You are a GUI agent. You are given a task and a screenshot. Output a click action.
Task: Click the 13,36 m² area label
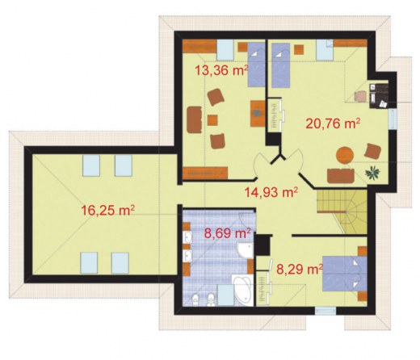coord(221,70)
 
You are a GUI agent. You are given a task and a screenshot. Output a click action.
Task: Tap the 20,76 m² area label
coord(333,123)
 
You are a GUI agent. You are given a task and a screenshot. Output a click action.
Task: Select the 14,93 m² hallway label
coord(271,192)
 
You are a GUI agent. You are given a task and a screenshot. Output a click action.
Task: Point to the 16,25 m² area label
coord(107,210)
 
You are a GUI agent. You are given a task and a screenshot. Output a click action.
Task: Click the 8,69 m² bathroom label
coord(228,233)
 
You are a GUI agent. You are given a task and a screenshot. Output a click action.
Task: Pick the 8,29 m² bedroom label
coord(300,269)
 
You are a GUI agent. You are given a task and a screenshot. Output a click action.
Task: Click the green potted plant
coord(373,173)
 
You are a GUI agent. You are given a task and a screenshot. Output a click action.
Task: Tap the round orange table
coord(345,155)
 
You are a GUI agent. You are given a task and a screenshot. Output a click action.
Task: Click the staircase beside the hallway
coord(342,211)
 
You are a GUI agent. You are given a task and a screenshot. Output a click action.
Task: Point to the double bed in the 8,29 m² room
coord(345,274)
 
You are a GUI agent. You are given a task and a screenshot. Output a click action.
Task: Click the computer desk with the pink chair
coord(379,96)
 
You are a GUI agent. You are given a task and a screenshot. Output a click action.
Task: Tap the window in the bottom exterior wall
coord(325,311)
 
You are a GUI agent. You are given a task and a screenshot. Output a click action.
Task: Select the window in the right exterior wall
coord(393,119)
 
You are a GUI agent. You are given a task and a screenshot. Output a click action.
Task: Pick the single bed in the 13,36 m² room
coord(256,65)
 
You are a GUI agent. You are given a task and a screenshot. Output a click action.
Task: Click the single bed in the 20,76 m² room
coord(280,65)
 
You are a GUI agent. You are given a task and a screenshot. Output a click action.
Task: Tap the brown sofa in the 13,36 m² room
coord(195,119)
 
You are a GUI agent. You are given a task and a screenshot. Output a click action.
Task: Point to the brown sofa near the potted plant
coord(341,176)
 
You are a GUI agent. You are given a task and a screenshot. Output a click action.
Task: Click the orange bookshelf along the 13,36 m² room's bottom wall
coord(205,173)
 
